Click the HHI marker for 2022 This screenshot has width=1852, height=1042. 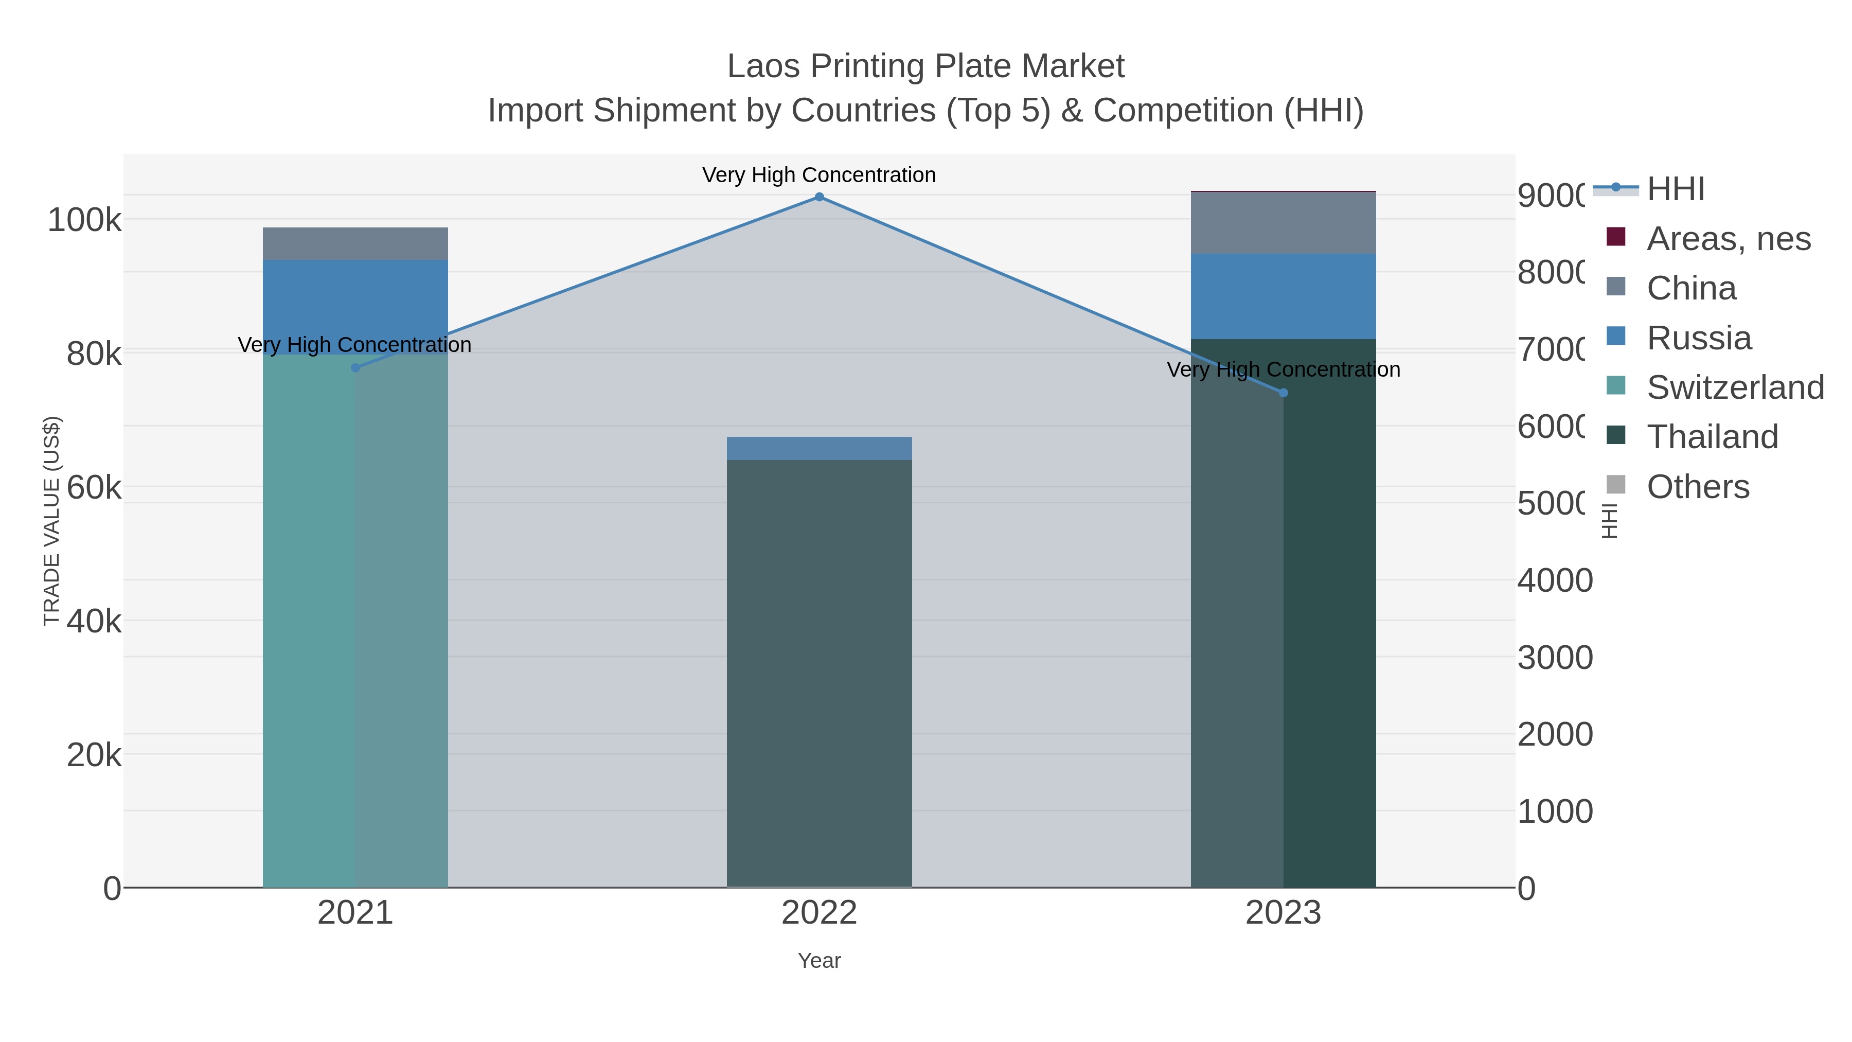(819, 197)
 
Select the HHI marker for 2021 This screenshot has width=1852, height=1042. (355, 367)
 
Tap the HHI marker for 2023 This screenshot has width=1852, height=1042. (1284, 393)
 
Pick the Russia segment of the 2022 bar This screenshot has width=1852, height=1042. (819, 448)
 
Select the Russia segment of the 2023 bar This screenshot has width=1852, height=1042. (1284, 296)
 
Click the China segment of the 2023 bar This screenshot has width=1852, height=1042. (1284, 223)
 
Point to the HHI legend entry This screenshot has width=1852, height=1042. (1675, 189)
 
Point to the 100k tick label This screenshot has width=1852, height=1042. (85, 220)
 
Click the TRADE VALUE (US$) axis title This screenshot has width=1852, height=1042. (52, 521)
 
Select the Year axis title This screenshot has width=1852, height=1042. (819, 961)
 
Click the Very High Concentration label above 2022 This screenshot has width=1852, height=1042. (819, 175)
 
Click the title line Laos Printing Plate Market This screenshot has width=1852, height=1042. (925, 66)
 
